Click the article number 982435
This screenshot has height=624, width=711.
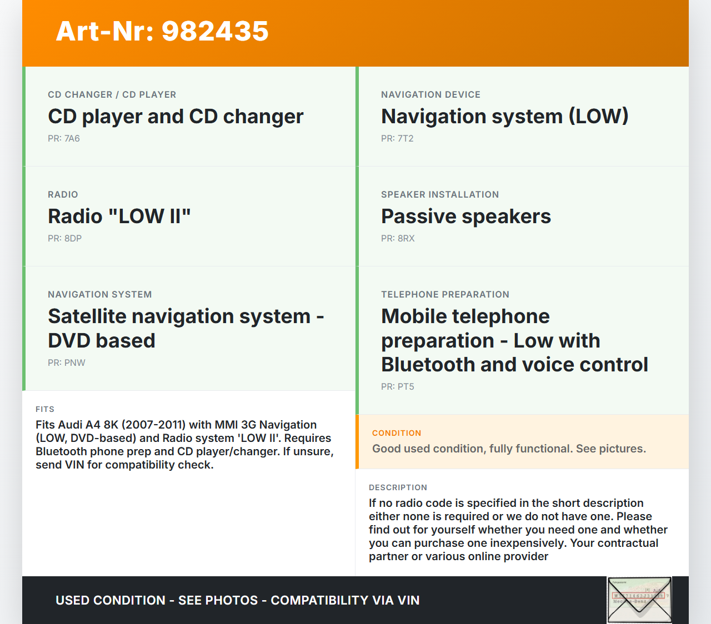click(215, 31)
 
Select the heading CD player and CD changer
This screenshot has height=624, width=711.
click(176, 117)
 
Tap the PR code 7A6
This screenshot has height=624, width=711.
click(72, 139)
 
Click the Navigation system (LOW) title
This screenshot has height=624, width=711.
click(505, 117)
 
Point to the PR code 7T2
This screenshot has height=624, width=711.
click(405, 139)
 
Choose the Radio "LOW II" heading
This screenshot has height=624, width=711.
click(119, 216)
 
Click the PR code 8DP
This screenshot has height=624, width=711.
click(73, 239)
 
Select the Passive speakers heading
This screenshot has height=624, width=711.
click(466, 217)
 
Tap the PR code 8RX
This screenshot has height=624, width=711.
click(406, 239)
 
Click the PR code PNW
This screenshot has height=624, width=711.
click(75, 363)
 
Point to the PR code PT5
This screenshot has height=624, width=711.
click(405, 386)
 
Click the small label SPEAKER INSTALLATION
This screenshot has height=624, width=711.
click(440, 195)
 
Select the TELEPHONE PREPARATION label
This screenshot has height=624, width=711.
click(445, 295)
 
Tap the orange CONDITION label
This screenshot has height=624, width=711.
click(397, 433)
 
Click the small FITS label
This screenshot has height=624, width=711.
click(45, 409)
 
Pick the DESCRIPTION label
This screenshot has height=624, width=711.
click(398, 487)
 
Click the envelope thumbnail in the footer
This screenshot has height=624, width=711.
click(639, 600)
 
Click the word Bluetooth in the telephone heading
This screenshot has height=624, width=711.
click(428, 364)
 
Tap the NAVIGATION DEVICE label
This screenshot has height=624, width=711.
click(431, 95)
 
